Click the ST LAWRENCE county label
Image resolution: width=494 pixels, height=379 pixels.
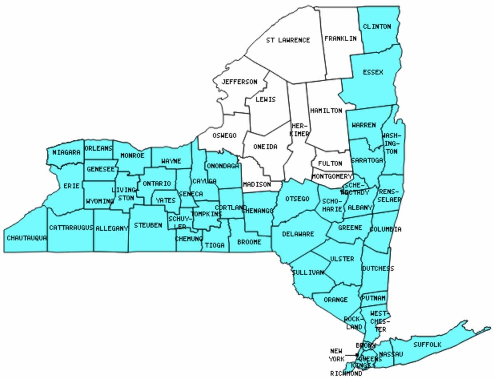coord(288,40)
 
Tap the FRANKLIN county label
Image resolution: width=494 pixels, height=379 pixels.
coord(340,38)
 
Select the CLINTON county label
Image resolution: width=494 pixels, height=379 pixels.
coord(377,27)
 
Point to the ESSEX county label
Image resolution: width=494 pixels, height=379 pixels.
coord(373,73)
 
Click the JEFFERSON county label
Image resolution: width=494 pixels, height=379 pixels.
coord(239,82)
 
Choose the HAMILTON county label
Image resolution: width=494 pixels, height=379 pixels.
coord(326,111)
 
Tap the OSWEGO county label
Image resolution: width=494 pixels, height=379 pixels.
coord(225,135)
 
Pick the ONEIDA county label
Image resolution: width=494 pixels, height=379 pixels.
coord(265,147)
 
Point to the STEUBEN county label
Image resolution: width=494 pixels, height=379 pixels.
coord(148,225)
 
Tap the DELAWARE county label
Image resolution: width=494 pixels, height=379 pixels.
coord(298,234)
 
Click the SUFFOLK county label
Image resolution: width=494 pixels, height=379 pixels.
coord(427,345)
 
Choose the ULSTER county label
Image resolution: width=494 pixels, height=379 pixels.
coord(342,259)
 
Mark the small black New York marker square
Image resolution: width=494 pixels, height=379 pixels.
coord(357,355)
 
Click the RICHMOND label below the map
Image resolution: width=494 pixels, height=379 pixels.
coord(346,374)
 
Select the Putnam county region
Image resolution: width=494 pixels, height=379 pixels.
coord(374,298)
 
